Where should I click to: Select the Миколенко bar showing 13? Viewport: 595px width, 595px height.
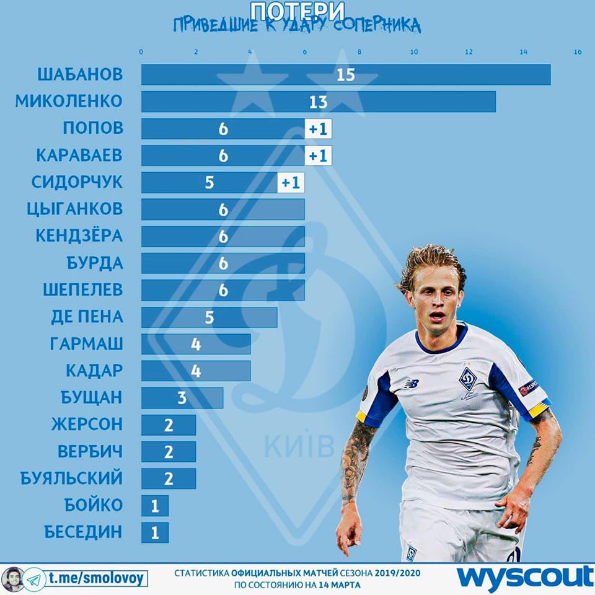(x=319, y=102)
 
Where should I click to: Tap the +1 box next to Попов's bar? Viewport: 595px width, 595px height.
(x=319, y=129)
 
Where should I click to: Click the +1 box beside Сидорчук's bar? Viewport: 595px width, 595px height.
(x=291, y=183)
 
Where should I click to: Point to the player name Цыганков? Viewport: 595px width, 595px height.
(x=75, y=209)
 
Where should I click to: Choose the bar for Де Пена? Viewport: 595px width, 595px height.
(x=209, y=317)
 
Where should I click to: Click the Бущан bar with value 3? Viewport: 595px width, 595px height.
(x=182, y=398)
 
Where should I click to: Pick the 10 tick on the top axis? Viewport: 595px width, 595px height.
(x=414, y=52)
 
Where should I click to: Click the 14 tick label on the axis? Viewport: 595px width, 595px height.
(x=523, y=52)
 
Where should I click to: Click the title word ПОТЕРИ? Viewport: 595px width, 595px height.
(x=297, y=10)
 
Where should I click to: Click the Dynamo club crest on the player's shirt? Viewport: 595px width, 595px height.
(x=467, y=379)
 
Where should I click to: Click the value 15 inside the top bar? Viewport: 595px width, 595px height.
(x=345, y=74)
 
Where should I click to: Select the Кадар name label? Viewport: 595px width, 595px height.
(x=94, y=371)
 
